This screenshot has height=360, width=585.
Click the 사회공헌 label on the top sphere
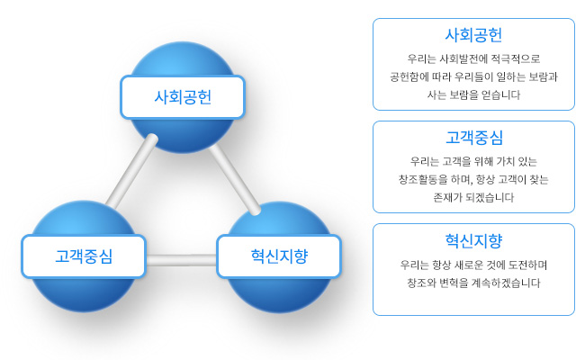183,97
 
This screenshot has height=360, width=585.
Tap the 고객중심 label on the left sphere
84,256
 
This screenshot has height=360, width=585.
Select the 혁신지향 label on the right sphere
279,256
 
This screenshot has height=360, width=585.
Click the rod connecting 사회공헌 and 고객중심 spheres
131,172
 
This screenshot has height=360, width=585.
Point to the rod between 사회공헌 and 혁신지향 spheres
235,180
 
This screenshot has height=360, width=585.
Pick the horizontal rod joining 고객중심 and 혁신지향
181,260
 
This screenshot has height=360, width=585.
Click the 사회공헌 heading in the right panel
473,35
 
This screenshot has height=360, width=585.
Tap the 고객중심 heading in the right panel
474,138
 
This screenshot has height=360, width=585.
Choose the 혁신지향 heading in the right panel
473,240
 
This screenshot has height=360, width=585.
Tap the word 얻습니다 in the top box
500,95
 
